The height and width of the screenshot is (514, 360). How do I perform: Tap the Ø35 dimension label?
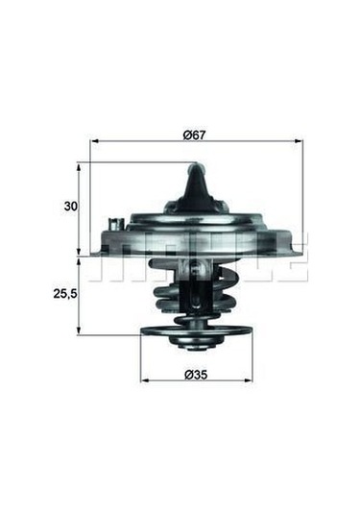click(196, 375)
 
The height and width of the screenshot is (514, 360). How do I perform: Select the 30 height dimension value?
click(70, 207)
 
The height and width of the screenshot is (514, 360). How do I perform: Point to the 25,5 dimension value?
click(65, 294)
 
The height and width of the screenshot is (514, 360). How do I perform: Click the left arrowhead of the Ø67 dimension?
click(94, 141)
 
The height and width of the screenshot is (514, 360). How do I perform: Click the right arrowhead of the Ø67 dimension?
click(299, 141)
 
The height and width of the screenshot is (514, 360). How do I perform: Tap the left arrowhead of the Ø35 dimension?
click(144, 380)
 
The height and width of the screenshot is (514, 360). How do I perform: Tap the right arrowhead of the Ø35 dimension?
click(249, 380)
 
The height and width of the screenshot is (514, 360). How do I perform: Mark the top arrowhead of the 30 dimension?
click(78, 167)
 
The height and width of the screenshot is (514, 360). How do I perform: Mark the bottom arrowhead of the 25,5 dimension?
click(78, 330)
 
